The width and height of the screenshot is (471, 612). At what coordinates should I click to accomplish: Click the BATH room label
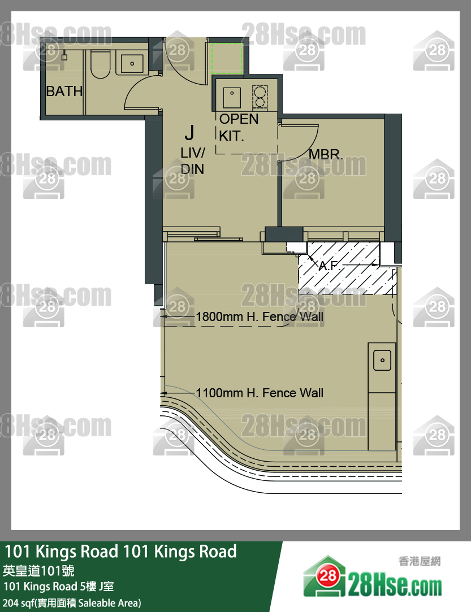(x=64, y=92)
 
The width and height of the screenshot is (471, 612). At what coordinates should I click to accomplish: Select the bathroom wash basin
(x=132, y=63)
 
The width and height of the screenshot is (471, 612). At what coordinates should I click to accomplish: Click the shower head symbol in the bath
(x=64, y=56)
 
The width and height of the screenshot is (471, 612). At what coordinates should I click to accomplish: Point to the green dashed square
(x=227, y=59)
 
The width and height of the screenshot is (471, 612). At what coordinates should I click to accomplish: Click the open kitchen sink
(x=232, y=97)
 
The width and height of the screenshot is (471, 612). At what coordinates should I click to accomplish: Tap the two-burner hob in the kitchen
(x=260, y=97)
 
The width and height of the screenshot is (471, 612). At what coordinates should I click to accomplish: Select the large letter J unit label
(x=189, y=133)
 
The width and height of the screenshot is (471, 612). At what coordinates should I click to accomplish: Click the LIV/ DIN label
(x=193, y=161)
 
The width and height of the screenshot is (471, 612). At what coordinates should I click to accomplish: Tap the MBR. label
(x=326, y=154)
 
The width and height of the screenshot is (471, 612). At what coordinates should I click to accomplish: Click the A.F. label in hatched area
(x=329, y=266)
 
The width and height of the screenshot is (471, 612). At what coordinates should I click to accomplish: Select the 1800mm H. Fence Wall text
(x=260, y=316)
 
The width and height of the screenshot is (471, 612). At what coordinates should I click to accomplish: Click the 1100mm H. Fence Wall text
(x=260, y=393)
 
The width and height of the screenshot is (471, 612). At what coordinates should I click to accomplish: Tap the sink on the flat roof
(x=382, y=361)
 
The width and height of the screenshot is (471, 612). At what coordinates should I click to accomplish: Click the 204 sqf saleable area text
(x=72, y=603)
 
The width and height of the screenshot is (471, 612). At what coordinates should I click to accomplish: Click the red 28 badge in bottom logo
(x=327, y=575)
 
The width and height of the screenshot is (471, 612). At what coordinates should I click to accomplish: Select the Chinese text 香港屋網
(x=420, y=561)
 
